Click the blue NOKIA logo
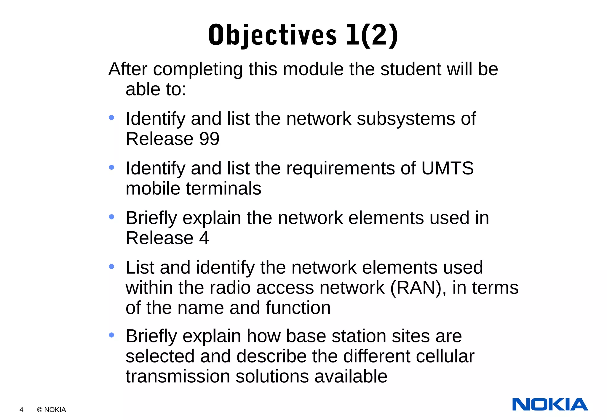point(550,405)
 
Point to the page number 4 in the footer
point(21,410)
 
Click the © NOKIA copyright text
point(51,410)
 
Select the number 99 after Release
point(209,139)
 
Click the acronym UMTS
point(447,168)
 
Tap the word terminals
point(223,188)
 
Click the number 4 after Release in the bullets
point(204,238)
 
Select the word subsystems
point(406,119)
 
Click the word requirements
point(341,168)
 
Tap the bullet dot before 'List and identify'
point(111,267)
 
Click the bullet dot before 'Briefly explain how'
point(111,335)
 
